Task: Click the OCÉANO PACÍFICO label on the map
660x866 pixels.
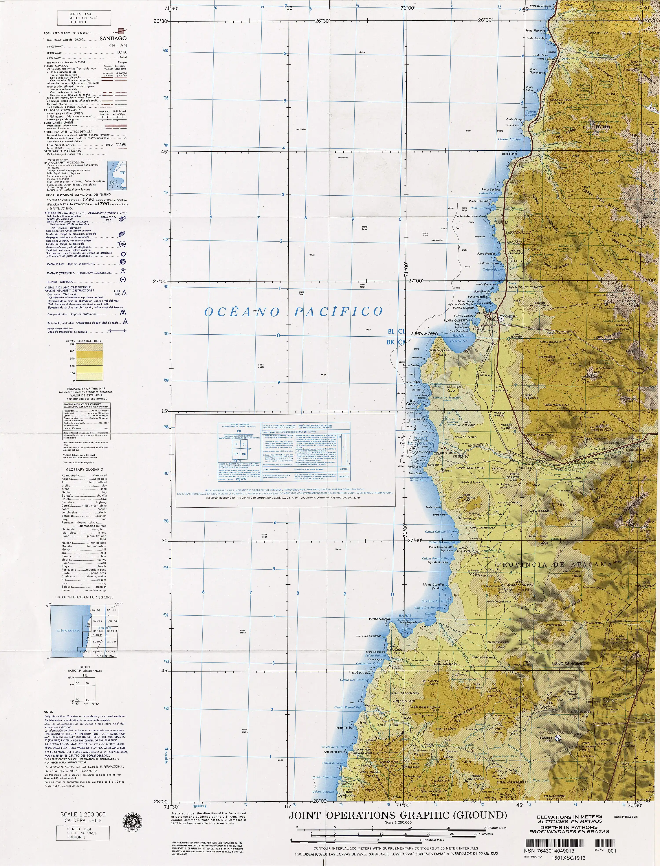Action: tap(293, 312)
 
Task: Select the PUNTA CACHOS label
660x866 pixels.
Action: tap(379, 619)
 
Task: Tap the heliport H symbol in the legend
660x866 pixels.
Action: tap(123, 279)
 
